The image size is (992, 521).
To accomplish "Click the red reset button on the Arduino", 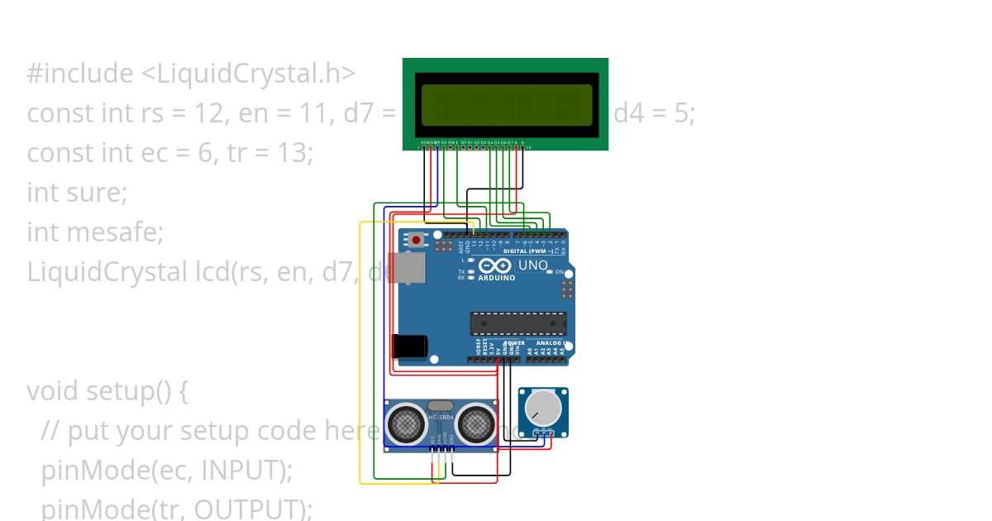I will [x=416, y=240].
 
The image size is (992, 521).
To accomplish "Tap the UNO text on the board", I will [x=532, y=265].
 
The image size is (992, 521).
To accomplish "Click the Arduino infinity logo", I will [x=495, y=266].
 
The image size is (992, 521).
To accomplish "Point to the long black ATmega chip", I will [x=518, y=324].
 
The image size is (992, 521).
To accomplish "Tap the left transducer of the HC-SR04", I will [x=407, y=424].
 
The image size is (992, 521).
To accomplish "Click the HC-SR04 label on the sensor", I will [x=441, y=418].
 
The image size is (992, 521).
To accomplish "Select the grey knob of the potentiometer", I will [x=542, y=407].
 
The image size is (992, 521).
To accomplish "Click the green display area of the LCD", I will [x=507, y=105].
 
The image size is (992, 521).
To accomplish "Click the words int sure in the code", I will [x=76, y=192].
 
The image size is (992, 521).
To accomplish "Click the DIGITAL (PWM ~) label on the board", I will [x=530, y=250].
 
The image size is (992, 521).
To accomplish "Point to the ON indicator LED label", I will [x=559, y=272].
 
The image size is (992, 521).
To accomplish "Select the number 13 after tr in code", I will [x=295, y=152].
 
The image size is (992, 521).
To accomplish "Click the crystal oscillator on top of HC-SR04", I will [x=441, y=405].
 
